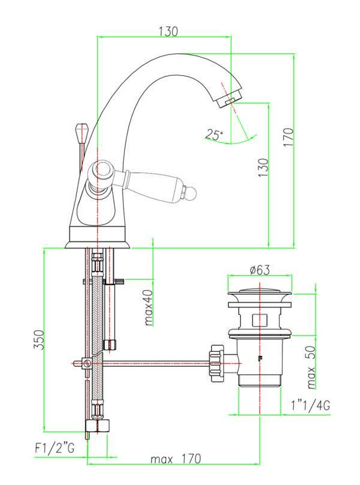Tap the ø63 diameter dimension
260,270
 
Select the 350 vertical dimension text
39,339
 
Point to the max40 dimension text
149,307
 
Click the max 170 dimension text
175,459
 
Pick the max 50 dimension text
311,367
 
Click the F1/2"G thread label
55,448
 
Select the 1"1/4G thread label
310,405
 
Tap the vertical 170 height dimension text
288,138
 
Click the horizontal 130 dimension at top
168,32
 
